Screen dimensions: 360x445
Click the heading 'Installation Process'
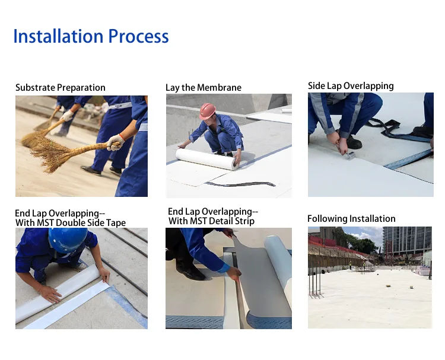point(91,36)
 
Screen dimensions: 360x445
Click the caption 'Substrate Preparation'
point(61,88)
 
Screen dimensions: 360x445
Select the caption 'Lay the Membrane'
point(204,88)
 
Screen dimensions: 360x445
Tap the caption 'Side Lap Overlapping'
point(351,86)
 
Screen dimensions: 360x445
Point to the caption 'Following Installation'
point(351,219)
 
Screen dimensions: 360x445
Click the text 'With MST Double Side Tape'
point(71,223)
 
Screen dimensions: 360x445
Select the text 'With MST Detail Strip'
point(211,221)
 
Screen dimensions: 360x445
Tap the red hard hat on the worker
point(208,111)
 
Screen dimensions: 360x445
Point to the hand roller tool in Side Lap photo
point(351,155)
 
